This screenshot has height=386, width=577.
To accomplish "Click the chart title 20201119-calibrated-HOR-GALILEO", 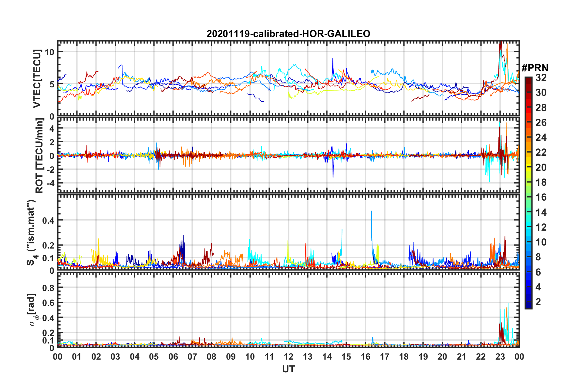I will pos(288,34).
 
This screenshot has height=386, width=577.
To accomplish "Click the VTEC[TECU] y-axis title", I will pos(37,79).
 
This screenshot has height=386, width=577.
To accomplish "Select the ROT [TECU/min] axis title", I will pos(39,156).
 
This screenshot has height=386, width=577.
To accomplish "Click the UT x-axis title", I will pos(288,369).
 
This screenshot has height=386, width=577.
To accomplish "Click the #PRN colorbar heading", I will pos(535,68).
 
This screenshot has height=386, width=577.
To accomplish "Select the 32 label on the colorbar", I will pos(541,78).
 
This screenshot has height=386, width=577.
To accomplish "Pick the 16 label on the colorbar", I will pos(541,197).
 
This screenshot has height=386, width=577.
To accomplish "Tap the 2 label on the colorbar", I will pos(538,302).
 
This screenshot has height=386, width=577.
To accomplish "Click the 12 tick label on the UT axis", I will pos(288,357).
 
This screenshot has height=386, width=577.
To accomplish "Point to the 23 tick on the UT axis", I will pos(500,357).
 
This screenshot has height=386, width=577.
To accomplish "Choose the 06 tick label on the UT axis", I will pos(173,357).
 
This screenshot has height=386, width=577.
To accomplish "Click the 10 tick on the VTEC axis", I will pos(49,52).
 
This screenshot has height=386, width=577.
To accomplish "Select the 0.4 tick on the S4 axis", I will pos(48,220).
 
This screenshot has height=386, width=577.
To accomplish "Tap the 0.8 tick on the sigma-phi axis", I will pos(48,288).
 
